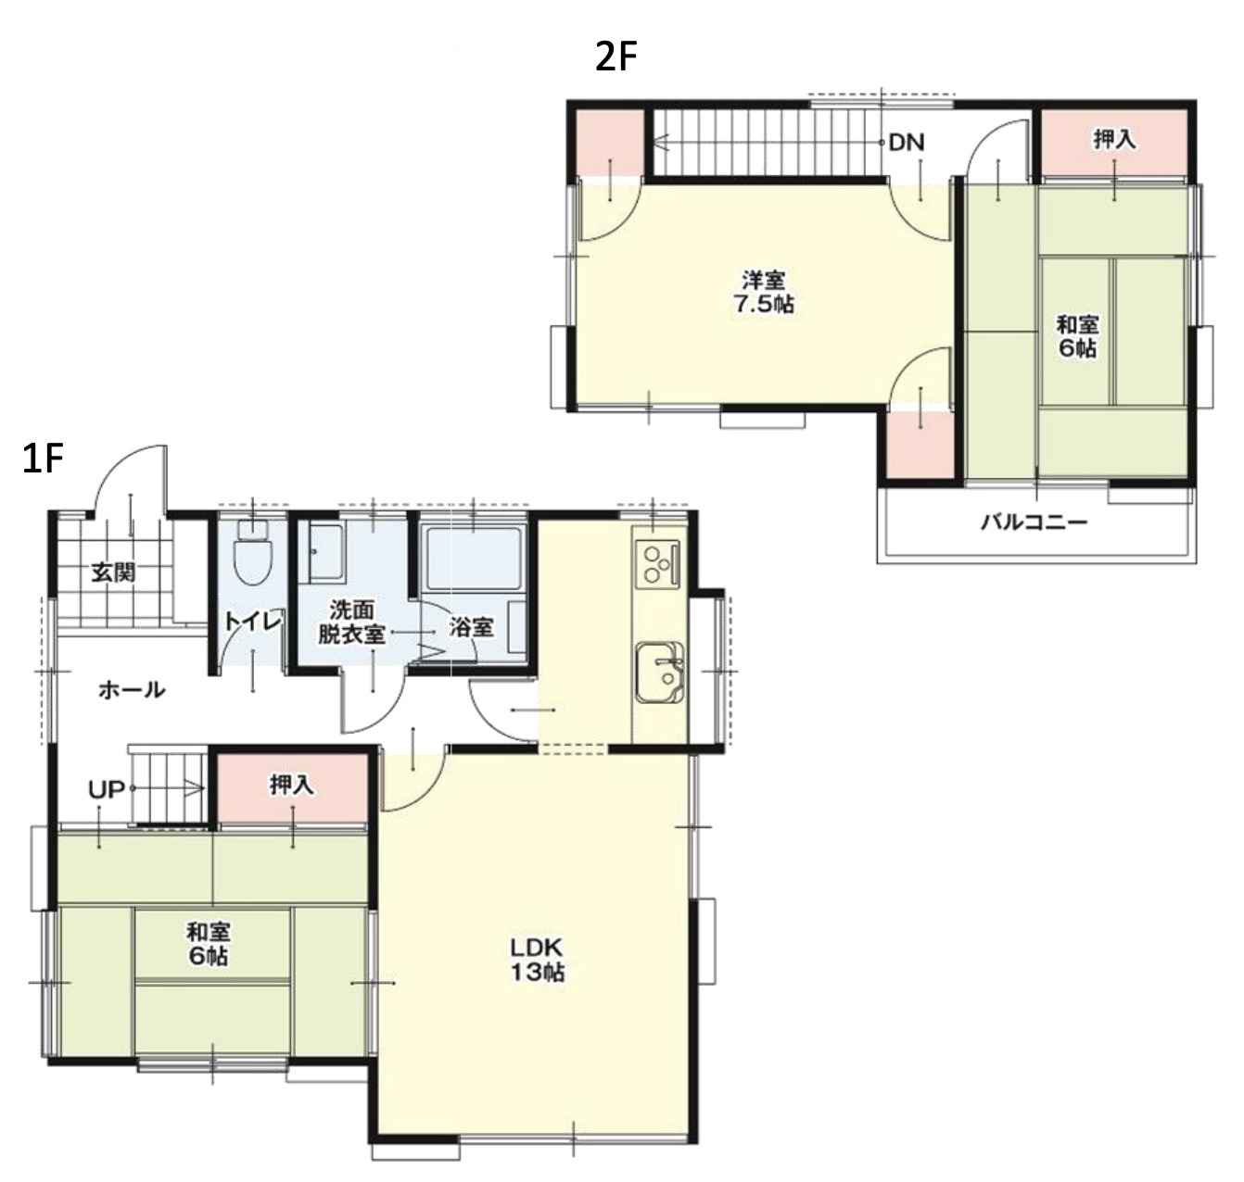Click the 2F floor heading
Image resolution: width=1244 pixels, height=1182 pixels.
point(615,58)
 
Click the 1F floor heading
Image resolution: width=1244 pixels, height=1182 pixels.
point(43,459)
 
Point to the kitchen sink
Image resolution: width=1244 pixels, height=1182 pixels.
point(659,673)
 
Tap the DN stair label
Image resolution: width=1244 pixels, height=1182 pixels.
point(906,143)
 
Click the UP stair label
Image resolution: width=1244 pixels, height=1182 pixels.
point(106,789)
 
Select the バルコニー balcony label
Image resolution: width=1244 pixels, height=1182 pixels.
point(1034,522)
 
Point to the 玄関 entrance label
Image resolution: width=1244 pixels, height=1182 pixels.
point(114,573)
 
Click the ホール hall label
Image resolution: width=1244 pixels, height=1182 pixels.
point(132,690)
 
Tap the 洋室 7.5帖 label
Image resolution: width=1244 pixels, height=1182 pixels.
point(764,292)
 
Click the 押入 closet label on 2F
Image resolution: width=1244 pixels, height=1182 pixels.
point(1114,140)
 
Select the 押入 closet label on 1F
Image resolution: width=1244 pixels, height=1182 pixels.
point(292,786)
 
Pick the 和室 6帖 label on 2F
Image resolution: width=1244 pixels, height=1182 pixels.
point(1077,337)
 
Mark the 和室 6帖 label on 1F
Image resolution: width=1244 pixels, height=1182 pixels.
point(209,943)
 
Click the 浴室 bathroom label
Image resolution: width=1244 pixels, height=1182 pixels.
point(472,627)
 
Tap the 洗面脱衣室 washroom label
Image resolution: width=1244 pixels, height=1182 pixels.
point(352,622)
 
